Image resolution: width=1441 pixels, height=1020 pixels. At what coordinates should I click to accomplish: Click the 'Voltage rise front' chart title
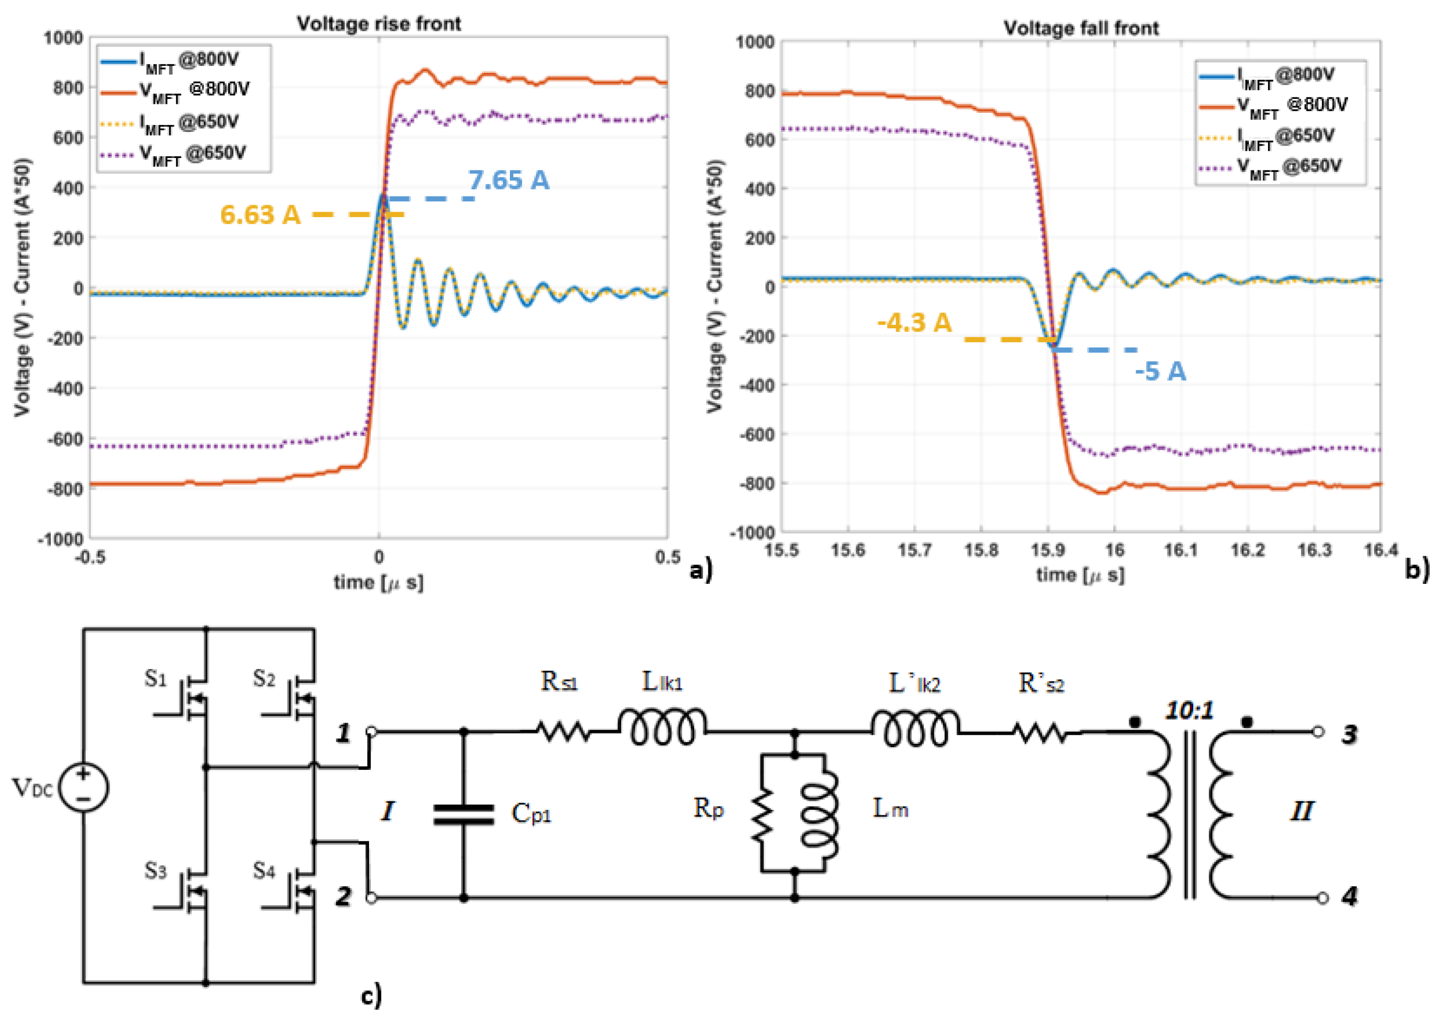point(378,24)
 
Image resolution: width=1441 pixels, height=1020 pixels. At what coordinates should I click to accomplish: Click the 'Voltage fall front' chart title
point(1080,28)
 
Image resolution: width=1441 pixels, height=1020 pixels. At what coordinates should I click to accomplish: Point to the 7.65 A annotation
point(508,180)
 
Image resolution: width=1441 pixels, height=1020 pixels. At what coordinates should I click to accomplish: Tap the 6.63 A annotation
point(260,215)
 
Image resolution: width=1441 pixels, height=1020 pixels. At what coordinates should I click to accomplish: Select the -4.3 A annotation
point(914,323)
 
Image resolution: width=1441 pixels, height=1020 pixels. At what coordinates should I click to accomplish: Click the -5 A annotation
point(1160,371)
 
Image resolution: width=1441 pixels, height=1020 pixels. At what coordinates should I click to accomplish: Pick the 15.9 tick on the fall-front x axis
point(1047,551)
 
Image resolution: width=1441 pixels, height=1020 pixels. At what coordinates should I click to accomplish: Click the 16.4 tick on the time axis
point(1381,551)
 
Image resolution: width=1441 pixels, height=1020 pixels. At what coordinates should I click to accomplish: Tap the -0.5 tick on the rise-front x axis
point(90,557)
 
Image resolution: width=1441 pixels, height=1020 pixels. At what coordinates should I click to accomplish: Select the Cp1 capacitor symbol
point(464,814)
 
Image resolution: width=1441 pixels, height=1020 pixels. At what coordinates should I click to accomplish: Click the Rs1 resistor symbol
point(563,732)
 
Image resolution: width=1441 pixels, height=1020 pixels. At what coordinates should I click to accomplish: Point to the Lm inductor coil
point(819,813)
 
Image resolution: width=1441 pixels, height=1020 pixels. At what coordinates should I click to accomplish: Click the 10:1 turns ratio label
point(1189,710)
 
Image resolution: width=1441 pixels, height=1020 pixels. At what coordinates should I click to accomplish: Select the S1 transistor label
point(155,678)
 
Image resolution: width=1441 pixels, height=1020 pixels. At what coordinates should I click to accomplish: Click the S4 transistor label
point(264,870)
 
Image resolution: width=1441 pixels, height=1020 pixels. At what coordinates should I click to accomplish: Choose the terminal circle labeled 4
point(1322,898)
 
